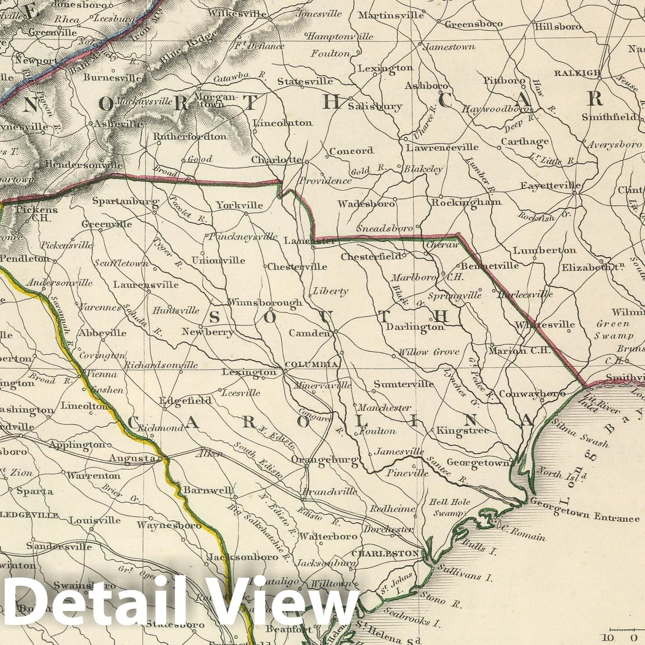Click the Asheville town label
117,124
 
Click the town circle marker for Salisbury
351,98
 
